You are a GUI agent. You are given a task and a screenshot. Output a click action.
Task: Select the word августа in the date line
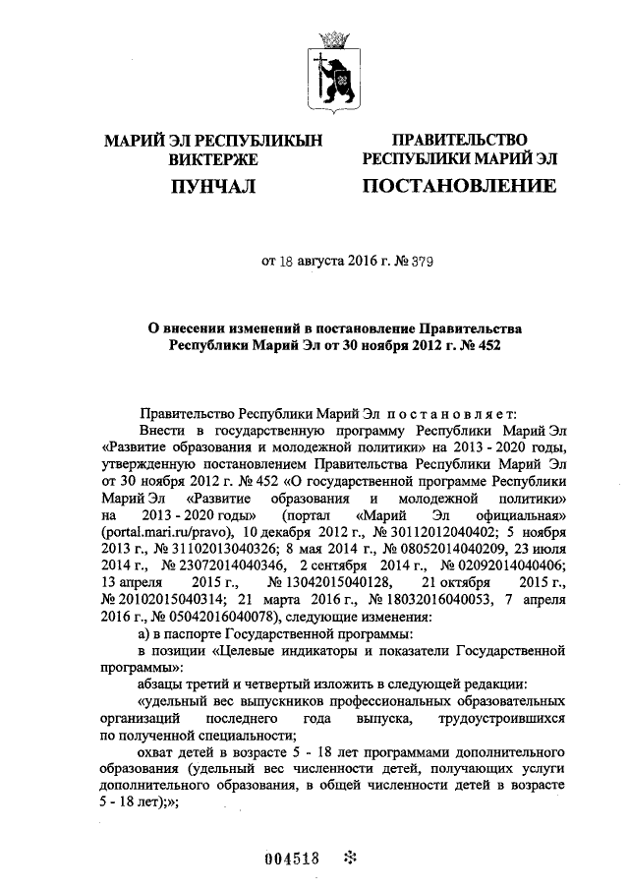click(321, 263)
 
